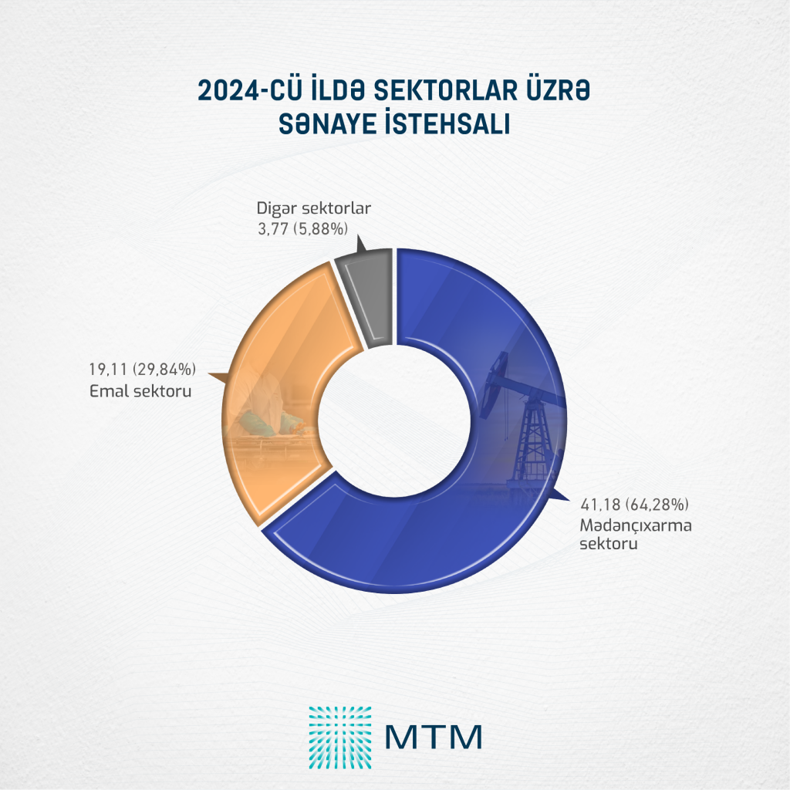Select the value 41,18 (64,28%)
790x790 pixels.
(633, 505)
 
